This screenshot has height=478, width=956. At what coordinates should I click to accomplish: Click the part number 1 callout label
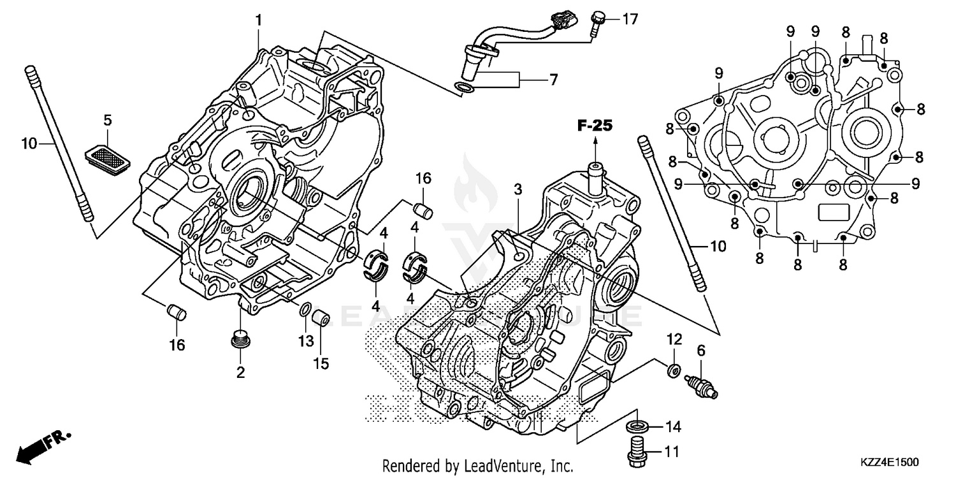259,20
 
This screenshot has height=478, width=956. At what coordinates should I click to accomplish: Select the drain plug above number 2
240,340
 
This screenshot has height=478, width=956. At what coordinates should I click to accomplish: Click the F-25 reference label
595,126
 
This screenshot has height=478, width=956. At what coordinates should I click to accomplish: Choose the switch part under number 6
700,385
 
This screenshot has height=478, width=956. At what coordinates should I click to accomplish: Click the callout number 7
553,80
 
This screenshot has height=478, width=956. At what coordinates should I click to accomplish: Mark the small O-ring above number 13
305,310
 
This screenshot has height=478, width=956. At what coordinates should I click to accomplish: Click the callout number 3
518,189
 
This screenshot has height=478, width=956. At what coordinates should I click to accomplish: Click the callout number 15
321,363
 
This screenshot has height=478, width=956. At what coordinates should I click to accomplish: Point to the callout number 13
306,341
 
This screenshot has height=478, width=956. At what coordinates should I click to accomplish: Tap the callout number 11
671,452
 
